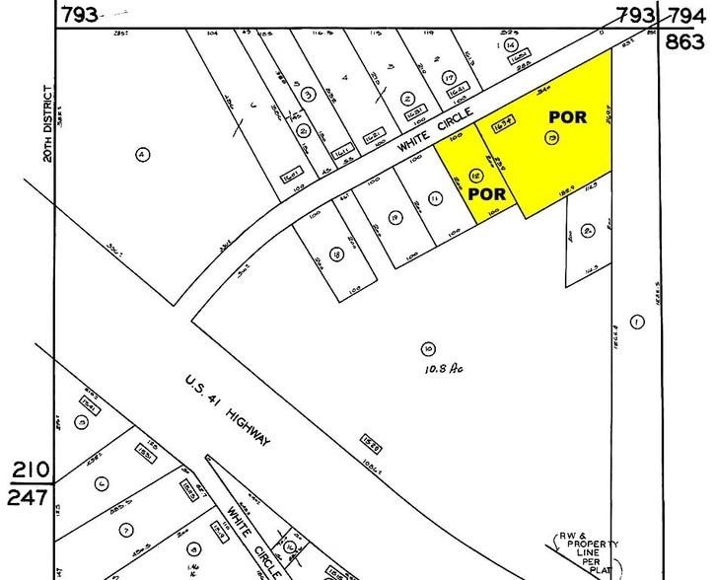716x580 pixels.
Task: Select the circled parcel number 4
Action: click(x=142, y=154)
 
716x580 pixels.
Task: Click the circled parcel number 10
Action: click(x=427, y=348)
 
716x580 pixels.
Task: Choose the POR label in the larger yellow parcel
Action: click(x=568, y=116)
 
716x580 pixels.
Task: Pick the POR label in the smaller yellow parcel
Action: click(x=487, y=193)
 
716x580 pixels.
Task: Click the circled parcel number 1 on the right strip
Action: click(x=637, y=321)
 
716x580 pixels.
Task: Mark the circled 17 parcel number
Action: click(x=449, y=77)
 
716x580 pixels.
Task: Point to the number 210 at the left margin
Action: click(x=28, y=469)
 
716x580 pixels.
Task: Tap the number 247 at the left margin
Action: click(x=28, y=497)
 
